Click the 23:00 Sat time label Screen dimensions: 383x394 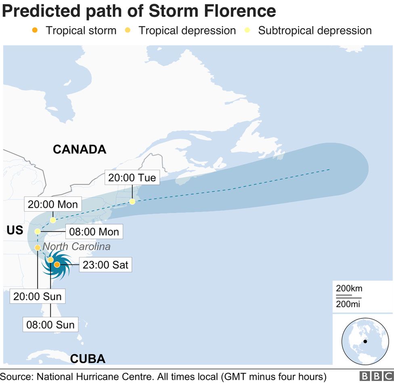pyautogui.click(x=105, y=265)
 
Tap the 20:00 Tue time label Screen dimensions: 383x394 pyautogui.click(x=132, y=178)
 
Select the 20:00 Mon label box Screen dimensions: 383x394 pyautogui.click(x=52, y=204)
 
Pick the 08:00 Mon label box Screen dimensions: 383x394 pyautogui.click(x=94, y=232)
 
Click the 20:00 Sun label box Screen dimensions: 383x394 pyautogui.click(x=38, y=296)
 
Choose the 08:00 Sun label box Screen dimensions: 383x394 pyautogui.click(x=50, y=325)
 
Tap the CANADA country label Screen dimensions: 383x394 pyautogui.click(x=80, y=150)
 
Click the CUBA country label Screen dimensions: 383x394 pyautogui.click(x=88, y=358)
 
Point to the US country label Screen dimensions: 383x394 pyautogui.click(x=15, y=231)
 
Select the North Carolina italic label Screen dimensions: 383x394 pyautogui.click(x=76, y=246)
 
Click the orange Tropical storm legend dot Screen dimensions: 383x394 pyautogui.click(x=35, y=30)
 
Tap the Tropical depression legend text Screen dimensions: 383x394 pyautogui.click(x=187, y=30)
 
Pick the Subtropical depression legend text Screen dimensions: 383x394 pyautogui.click(x=314, y=30)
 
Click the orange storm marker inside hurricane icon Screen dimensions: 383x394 pyautogui.click(x=57, y=264)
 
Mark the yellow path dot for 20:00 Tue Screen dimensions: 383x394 pyautogui.click(x=132, y=202)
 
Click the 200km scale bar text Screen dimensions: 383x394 pyautogui.click(x=349, y=289)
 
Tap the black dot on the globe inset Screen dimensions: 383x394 pyautogui.click(x=365, y=341)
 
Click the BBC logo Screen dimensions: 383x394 pyautogui.click(x=375, y=376)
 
